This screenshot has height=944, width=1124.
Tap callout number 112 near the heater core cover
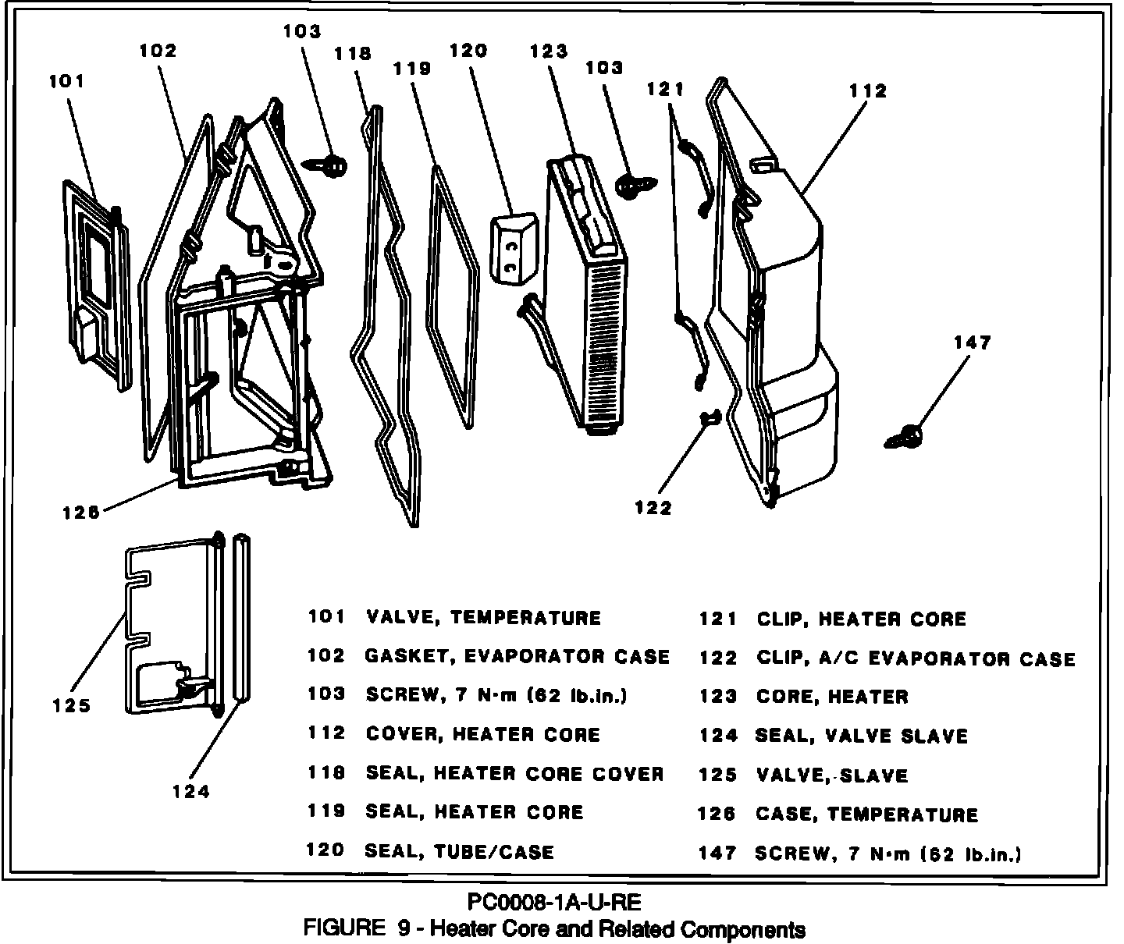click(869, 91)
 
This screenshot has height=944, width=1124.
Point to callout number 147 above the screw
click(972, 342)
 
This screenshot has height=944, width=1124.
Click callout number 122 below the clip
click(653, 508)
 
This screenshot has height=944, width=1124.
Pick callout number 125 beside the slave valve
click(72, 705)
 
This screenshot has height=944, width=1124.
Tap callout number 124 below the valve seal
click(191, 791)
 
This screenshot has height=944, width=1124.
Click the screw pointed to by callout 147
click(906, 437)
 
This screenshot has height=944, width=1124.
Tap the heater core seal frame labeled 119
click(455, 296)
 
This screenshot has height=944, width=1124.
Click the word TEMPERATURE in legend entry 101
click(526, 618)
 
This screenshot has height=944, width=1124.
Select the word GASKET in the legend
click(404, 656)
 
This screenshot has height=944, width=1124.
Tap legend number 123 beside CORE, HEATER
click(718, 697)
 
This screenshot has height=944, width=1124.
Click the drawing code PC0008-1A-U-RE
click(554, 903)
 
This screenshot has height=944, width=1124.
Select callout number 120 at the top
click(468, 51)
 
